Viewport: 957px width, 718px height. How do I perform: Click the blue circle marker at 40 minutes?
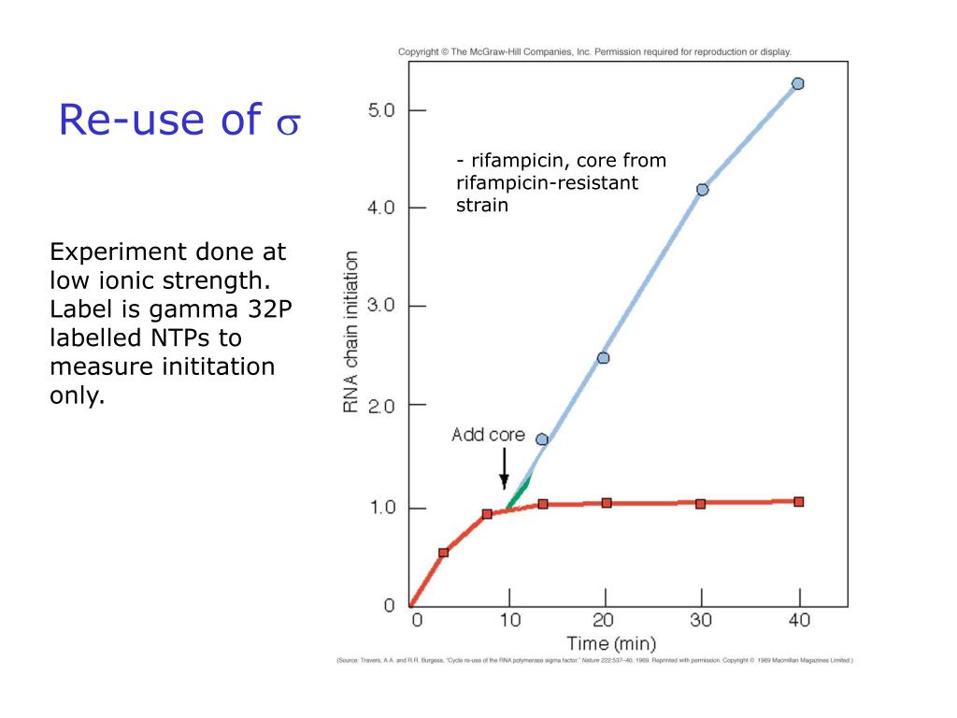pos(797,83)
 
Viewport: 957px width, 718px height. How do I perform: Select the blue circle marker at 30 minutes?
pos(702,190)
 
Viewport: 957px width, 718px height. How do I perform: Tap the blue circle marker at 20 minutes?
pos(603,358)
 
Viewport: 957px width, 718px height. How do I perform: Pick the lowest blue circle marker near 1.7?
pos(542,439)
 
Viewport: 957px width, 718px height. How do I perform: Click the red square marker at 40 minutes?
pos(798,502)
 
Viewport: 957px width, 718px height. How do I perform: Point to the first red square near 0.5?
pos(443,553)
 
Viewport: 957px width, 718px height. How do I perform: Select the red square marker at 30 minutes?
pos(701,503)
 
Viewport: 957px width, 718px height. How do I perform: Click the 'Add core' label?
pos(488,435)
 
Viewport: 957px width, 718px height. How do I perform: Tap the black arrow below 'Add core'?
pos(504,467)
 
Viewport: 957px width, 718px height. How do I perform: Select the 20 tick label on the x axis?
pos(606,620)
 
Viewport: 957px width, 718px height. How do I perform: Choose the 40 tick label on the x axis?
pos(800,620)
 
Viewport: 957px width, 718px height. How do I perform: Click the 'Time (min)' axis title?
pos(611,643)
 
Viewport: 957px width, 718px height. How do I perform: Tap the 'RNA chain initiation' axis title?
pos(351,331)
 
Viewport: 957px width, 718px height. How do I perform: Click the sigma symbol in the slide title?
pos(286,123)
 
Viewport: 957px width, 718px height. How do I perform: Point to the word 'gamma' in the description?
pos(179,309)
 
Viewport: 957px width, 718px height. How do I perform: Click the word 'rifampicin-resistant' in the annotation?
pos(547,183)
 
